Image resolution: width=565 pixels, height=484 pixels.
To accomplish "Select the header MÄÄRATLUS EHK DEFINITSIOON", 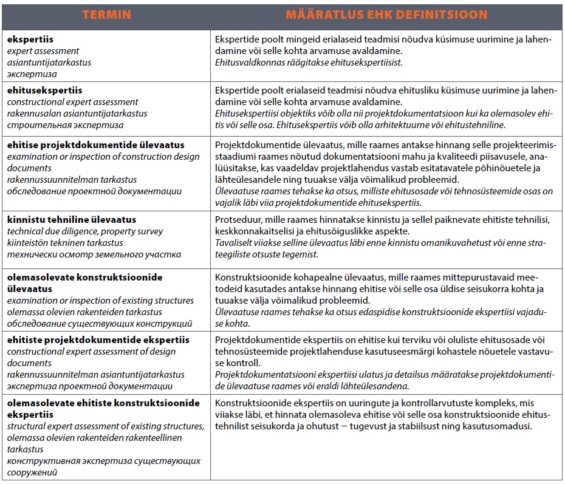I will pos(386,15).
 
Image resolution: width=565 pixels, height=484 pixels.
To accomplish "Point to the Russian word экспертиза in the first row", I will pos(32,74).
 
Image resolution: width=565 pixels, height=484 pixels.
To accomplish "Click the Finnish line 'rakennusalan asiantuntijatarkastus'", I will pos(77,114).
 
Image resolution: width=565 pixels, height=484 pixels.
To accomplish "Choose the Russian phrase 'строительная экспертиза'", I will pos(65,125).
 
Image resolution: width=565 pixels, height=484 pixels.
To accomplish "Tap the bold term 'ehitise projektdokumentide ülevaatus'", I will pos(96,145).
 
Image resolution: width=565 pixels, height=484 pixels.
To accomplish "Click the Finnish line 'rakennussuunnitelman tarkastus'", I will pos(72,180).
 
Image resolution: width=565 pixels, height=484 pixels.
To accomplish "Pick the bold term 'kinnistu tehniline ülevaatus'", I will pos(72,220).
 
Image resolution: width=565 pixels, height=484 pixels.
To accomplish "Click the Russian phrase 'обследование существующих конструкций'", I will pos(100,324).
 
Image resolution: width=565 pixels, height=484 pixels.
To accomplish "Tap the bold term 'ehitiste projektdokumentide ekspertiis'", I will pos(98,340).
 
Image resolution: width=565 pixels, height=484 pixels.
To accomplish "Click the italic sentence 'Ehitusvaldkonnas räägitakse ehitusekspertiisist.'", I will pos(309,63).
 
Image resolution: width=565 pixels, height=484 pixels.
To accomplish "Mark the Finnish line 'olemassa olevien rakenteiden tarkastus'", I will pos(84,312).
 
